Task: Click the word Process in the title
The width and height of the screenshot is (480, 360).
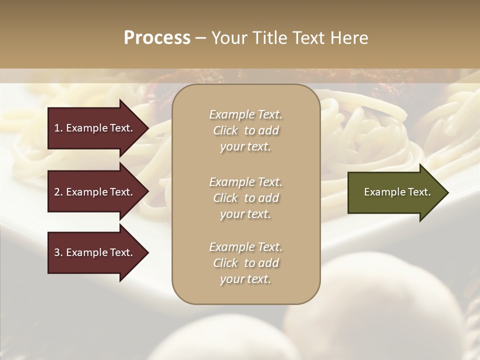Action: point(157,38)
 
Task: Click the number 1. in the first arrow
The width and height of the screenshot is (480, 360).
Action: point(58,128)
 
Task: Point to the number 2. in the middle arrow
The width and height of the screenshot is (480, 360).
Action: point(58,192)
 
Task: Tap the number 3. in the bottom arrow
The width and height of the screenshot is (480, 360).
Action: point(58,252)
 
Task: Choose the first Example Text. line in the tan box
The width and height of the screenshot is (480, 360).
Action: point(245,114)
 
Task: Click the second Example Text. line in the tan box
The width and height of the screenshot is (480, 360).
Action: point(245,181)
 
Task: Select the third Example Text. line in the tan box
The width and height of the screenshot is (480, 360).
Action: point(245,247)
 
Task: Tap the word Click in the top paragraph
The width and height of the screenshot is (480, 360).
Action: point(225,130)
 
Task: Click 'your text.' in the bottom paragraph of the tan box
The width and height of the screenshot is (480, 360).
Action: point(245,279)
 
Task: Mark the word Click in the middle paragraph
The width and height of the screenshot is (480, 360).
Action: point(225,198)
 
